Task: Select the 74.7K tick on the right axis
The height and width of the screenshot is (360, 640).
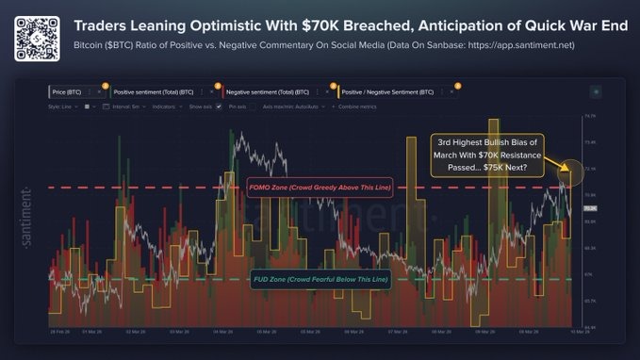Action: tap(590, 116)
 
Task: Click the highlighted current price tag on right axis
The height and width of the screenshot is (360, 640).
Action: tap(591, 206)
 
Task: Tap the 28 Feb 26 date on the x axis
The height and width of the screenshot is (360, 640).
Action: tap(58, 331)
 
